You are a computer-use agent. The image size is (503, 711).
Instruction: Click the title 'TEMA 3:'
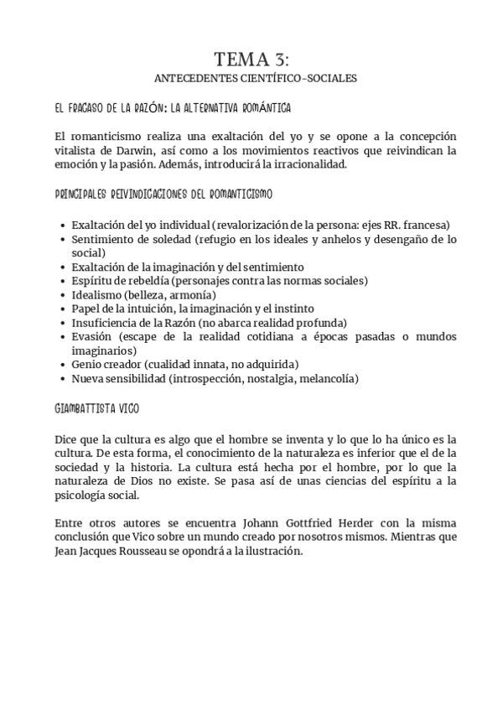(251, 59)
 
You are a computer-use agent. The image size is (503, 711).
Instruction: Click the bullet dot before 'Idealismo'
(64, 295)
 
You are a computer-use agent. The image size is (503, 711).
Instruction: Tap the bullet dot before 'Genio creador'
(64, 365)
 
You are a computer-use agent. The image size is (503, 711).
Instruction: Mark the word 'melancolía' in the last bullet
(329, 379)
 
